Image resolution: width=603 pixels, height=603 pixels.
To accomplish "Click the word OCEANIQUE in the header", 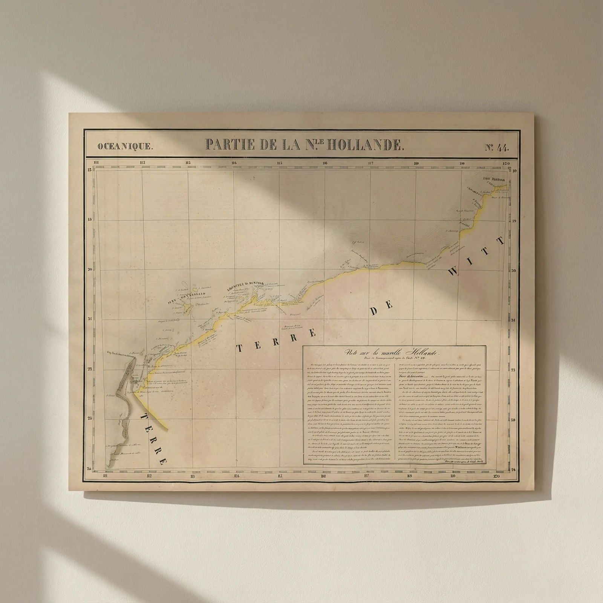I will click(125, 147).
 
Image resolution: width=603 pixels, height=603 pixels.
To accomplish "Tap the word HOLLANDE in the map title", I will click(364, 145).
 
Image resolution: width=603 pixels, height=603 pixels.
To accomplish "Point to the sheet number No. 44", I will click(497, 147).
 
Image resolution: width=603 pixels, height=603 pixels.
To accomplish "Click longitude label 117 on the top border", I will click(370, 163).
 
